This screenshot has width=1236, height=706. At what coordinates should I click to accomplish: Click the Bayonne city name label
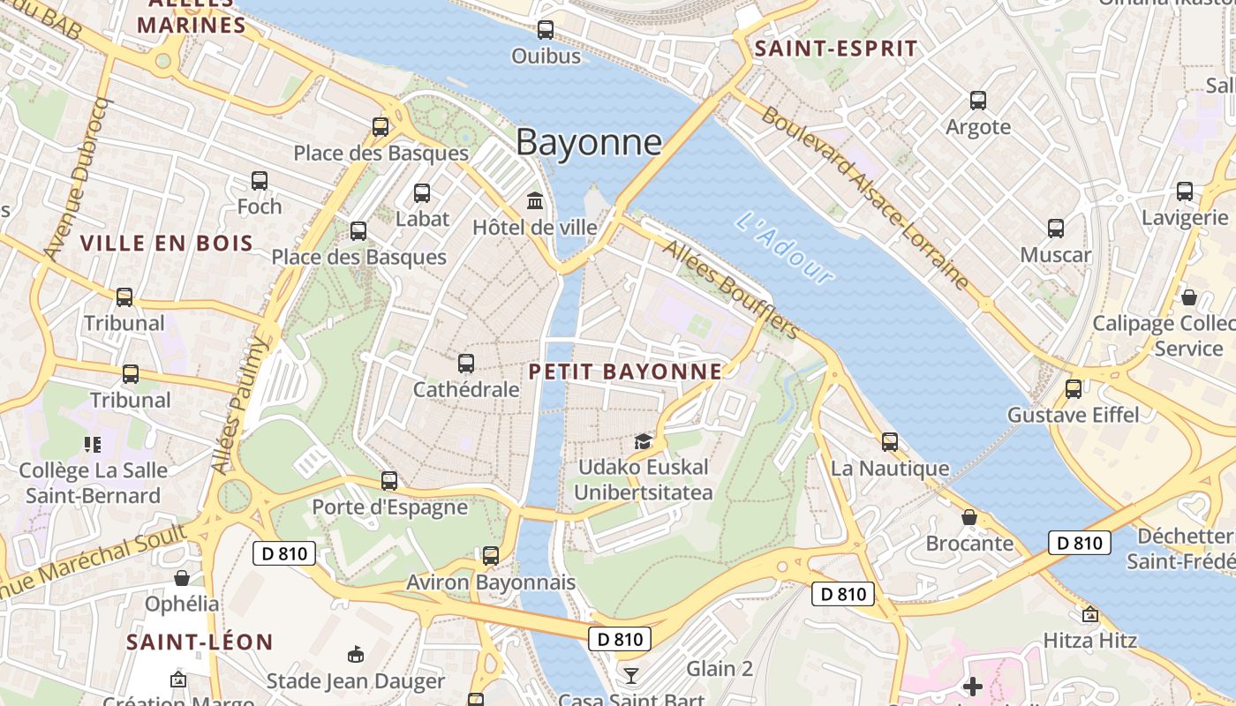click(x=589, y=142)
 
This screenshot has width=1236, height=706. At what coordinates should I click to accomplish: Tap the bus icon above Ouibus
click(x=546, y=29)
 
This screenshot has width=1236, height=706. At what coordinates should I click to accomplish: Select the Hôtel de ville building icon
click(x=535, y=200)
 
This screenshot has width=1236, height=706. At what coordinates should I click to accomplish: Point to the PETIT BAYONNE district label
click(x=625, y=372)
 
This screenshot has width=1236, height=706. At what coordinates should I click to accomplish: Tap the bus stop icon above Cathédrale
click(x=466, y=363)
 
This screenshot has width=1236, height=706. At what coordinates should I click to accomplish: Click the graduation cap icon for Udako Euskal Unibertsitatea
click(x=643, y=440)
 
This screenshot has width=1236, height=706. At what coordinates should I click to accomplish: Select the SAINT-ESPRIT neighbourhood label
click(x=836, y=49)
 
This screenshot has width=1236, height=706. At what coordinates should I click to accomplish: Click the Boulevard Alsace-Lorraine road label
click(x=866, y=199)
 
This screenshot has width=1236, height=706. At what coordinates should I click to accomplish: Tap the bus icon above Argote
click(x=978, y=101)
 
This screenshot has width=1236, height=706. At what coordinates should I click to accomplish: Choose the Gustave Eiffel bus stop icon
click(x=1074, y=388)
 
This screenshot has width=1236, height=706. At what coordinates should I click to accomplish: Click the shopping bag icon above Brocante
click(x=969, y=517)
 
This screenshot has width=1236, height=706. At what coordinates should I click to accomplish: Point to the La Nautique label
click(x=890, y=469)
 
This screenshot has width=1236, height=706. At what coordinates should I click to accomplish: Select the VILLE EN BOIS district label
click(x=167, y=243)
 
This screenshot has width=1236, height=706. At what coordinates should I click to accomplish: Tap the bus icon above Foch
click(x=260, y=181)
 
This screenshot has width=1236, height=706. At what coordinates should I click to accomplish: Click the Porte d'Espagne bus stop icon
click(x=389, y=481)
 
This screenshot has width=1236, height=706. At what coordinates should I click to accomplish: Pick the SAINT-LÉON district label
click(x=200, y=642)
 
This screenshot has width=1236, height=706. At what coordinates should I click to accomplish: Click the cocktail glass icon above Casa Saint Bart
click(x=630, y=676)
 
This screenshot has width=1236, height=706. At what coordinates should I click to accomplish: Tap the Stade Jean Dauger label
click(x=356, y=680)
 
